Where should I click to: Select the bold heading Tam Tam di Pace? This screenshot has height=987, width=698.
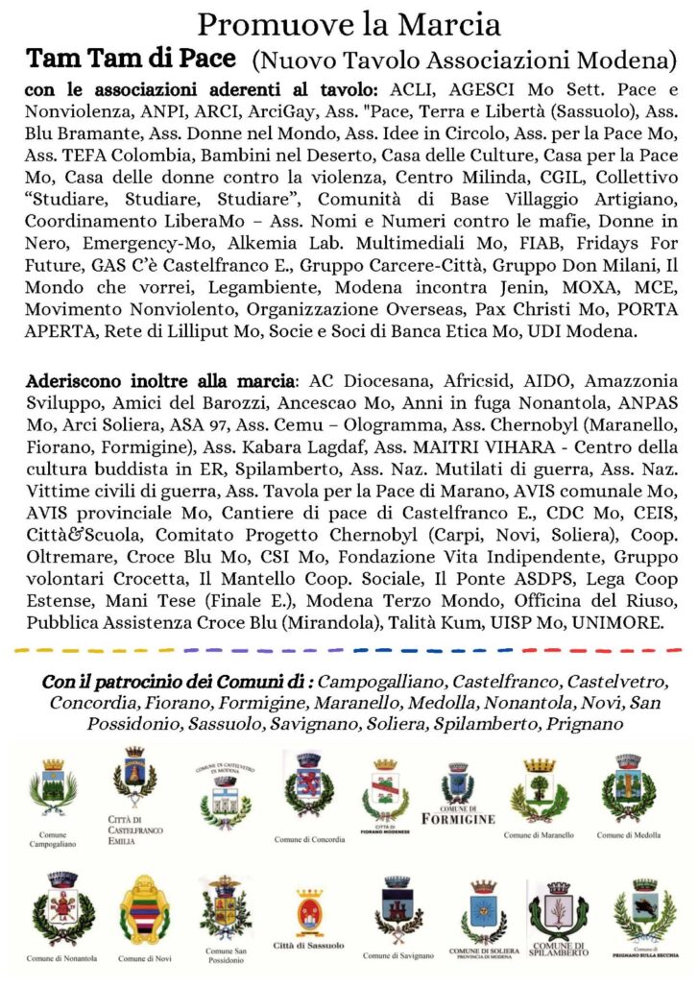[x=132, y=60]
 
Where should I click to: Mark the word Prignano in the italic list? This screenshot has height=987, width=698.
[x=580, y=722]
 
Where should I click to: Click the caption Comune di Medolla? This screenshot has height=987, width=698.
[x=628, y=835]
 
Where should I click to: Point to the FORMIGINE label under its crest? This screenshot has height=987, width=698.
[x=457, y=818]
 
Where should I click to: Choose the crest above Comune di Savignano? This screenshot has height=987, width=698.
[x=393, y=907]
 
